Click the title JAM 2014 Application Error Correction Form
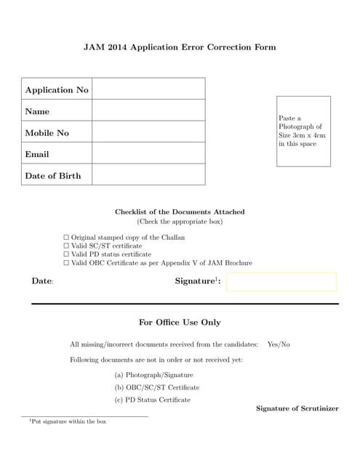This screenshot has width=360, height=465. (180, 47)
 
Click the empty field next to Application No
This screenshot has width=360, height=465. (148, 89)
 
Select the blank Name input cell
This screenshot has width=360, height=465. (148, 111)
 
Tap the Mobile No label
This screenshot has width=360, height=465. (47, 133)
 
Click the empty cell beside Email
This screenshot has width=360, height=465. (148, 154)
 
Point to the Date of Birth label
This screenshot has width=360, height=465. (53, 176)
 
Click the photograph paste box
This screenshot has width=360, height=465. (303, 132)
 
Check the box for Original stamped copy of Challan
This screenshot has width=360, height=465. (66, 238)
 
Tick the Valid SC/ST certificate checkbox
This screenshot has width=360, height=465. (66, 246)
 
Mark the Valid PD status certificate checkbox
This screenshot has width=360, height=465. (66, 254)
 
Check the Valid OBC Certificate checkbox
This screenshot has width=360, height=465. (66, 263)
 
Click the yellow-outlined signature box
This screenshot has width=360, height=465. (281, 282)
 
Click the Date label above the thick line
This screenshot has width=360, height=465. (42, 281)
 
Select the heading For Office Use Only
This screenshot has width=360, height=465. (180, 322)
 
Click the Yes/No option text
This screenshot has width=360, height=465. (279, 344)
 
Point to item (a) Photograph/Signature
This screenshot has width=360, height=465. (153, 375)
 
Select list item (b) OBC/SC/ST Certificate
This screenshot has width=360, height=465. (157, 387)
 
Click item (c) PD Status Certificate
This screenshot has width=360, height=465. (153, 400)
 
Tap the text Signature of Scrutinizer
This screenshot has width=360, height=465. (297, 408)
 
